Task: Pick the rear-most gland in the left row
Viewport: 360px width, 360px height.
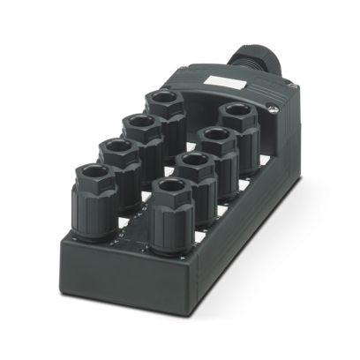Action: coord(163,111)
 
